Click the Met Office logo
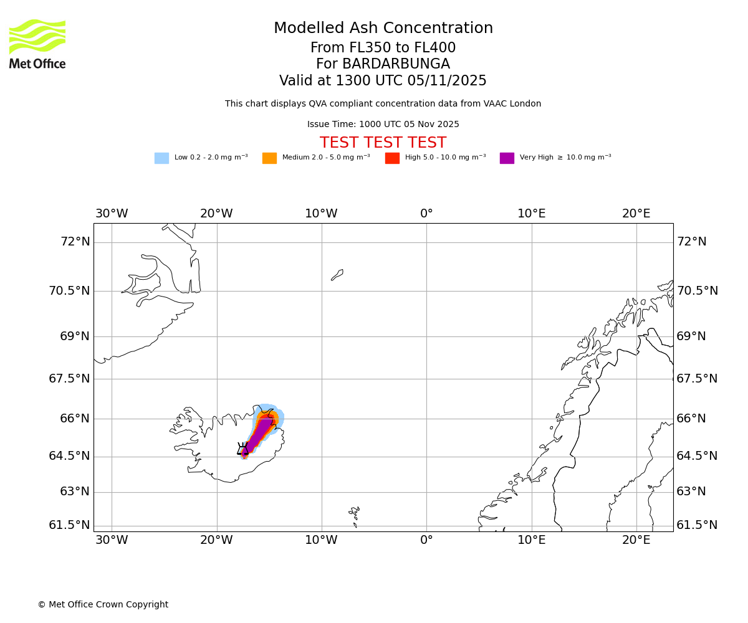[x=37, y=44]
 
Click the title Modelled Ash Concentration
[x=383, y=29]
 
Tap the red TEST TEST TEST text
[x=383, y=143]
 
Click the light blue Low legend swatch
[x=161, y=158]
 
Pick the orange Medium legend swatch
[x=269, y=158]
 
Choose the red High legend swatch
[x=392, y=158]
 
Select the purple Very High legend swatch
[x=507, y=158]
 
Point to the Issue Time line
[x=383, y=125]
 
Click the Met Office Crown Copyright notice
[x=103, y=604]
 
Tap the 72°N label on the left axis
[x=75, y=242]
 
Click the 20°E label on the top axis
[x=636, y=214]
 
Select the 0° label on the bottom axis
[x=426, y=540]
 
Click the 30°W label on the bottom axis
[x=112, y=540]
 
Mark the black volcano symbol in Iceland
[x=242, y=449]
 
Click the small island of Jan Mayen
[x=337, y=275]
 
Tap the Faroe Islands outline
[x=355, y=513]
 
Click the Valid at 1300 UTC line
[x=383, y=81]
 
